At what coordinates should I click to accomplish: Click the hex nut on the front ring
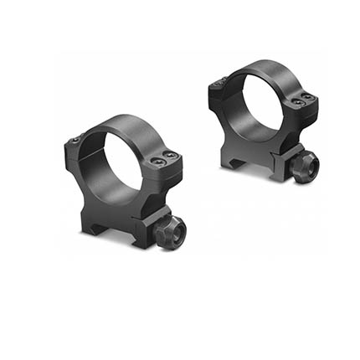pos(172,233)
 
